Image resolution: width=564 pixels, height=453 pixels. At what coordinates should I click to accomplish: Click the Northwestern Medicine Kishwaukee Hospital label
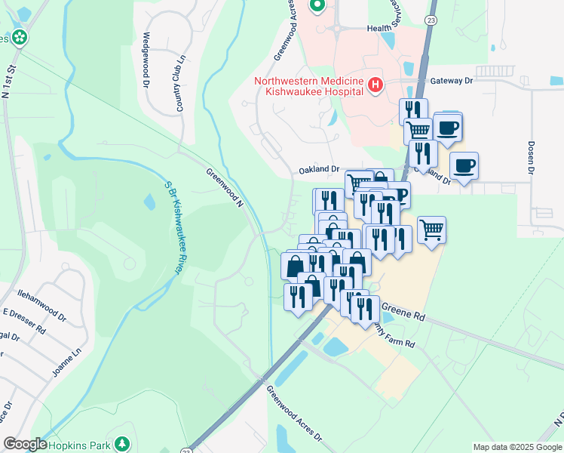point(309,86)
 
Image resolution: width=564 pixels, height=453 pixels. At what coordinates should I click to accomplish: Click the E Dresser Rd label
point(25,322)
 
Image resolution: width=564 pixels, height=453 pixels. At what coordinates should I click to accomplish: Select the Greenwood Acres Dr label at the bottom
point(294,416)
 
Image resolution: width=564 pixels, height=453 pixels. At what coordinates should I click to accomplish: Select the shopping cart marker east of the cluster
point(431,228)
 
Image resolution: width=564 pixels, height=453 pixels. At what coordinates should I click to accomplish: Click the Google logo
point(25,444)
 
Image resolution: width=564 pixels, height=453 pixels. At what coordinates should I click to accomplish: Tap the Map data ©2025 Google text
point(516,447)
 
